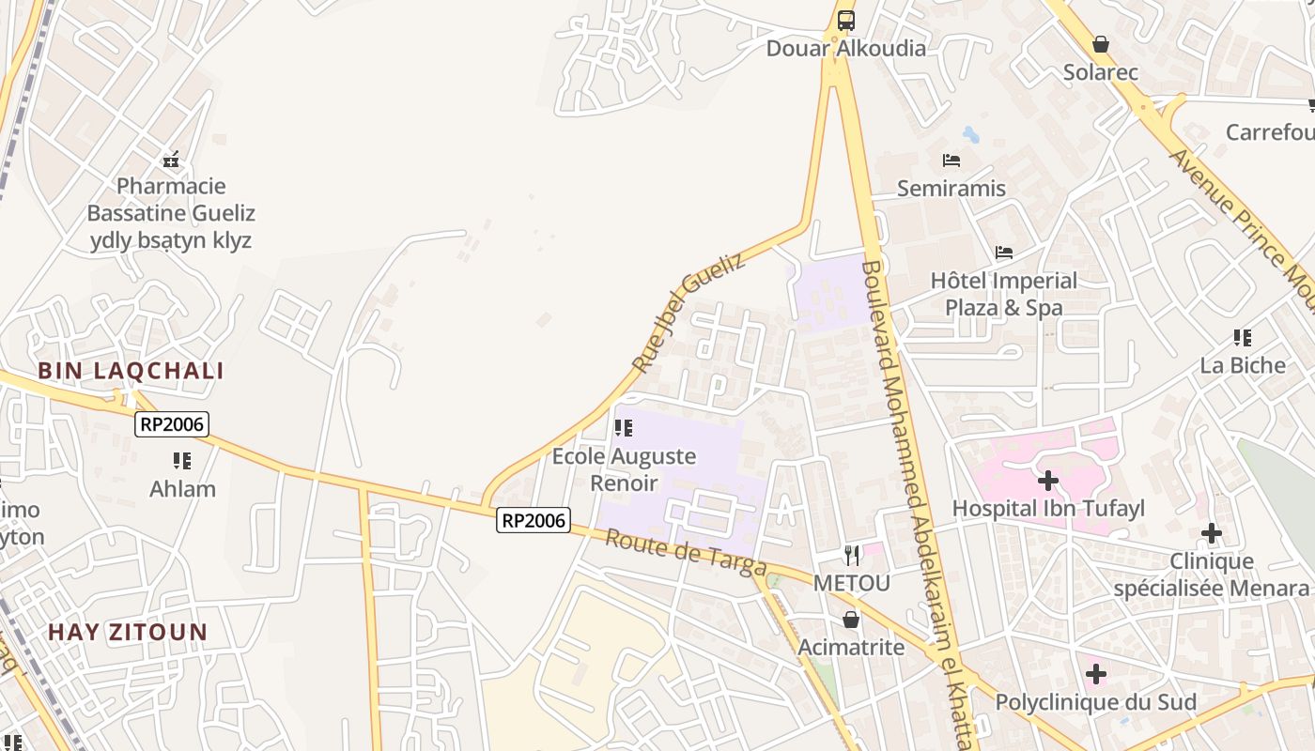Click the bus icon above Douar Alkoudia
[846, 19]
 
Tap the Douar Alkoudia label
[845, 49]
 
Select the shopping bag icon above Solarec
[1101, 44]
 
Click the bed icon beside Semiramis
[951, 161]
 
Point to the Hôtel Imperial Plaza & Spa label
[1003, 294]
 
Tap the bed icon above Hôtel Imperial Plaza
[1004, 253]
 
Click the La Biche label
[1243, 365]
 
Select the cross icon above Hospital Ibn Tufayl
[1047, 482]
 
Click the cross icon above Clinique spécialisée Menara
[1212, 534]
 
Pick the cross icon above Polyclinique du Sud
[1095, 674]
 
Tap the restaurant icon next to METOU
[851, 555]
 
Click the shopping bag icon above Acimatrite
[851, 620]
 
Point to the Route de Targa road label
[685, 554]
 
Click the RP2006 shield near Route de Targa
[534, 520]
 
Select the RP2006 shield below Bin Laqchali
[171, 424]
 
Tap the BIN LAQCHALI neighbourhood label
[131, 371]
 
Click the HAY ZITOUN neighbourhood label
[128, 632]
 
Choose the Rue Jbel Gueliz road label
[688, 312]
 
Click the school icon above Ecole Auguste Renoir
[623, 429]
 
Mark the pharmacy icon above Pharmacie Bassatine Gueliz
[171, 160]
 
